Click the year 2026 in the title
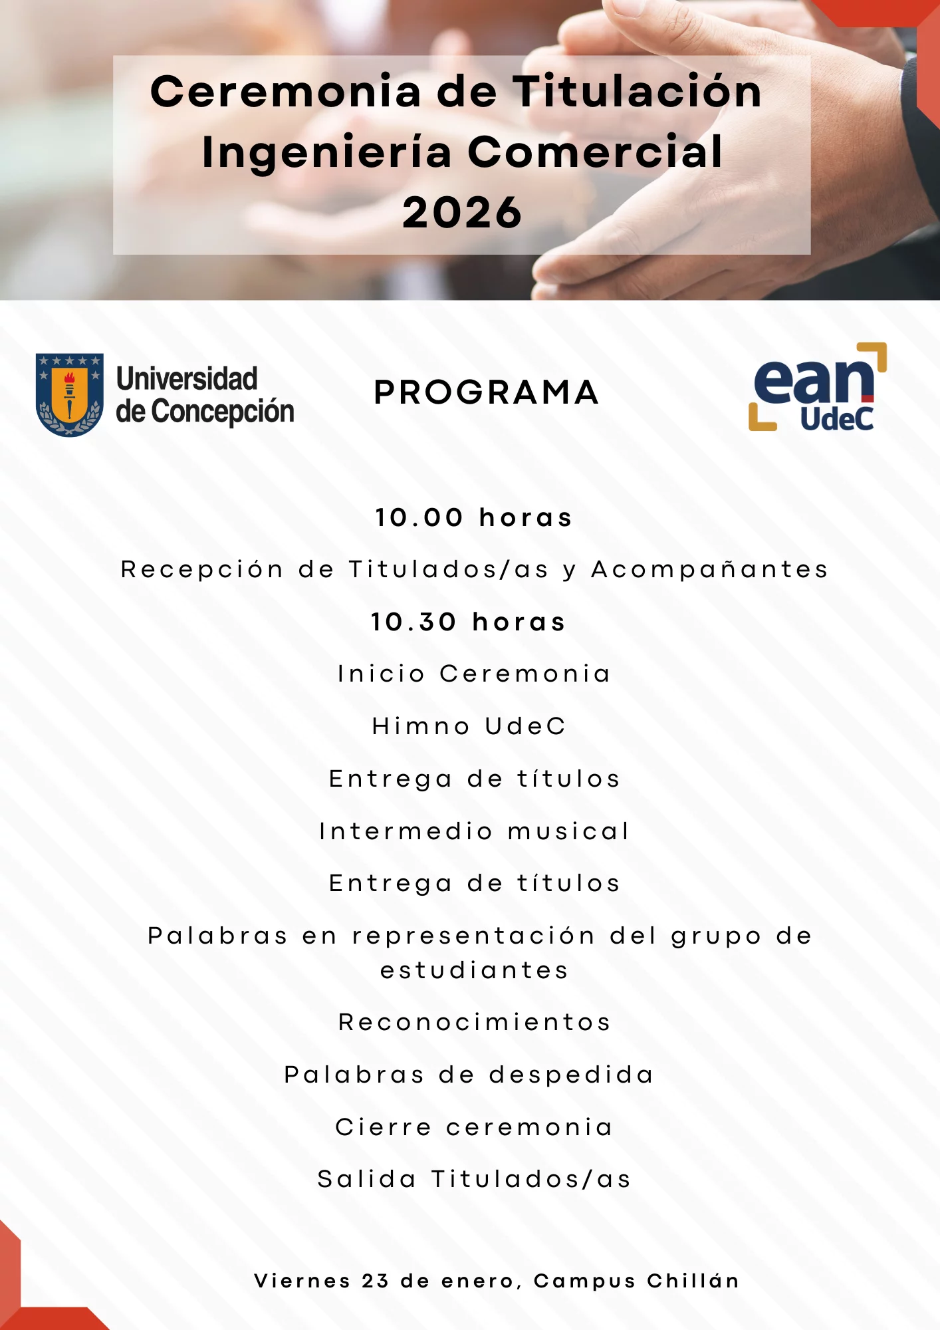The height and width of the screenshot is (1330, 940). (462, 213)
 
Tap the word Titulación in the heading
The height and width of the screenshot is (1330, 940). (637, 91)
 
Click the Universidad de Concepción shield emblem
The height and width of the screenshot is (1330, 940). (69, 394)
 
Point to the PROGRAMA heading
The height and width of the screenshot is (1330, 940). (487, 392)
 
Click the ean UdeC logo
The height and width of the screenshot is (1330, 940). (818, 387)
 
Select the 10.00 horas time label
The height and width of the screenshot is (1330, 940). (473, 517)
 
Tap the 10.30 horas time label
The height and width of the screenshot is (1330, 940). (468, 622)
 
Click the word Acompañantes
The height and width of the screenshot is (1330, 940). (709, 570)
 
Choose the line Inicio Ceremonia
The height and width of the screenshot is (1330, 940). (474, 674)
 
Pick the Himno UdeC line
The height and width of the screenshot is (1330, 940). (469, 726)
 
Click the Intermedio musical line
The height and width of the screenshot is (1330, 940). (474, 831)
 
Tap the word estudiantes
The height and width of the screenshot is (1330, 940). (474, 970)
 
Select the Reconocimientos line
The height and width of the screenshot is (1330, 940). (474, 1022)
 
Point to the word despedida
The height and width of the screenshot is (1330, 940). (571, 1075)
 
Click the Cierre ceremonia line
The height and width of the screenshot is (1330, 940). (474, 1127)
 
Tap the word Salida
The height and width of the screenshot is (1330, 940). (366, 1179)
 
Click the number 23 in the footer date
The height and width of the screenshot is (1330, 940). (376, 1281)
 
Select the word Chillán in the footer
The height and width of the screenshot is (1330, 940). (693, 1280)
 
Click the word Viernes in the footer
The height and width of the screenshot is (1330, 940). (302, 1281)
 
